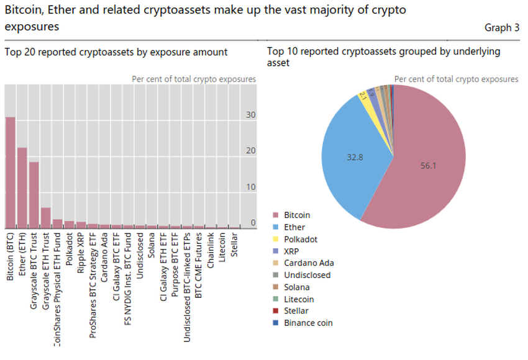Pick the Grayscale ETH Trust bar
coord(45,217)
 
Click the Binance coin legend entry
coord(308,323)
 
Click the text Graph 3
coord(501,28)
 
